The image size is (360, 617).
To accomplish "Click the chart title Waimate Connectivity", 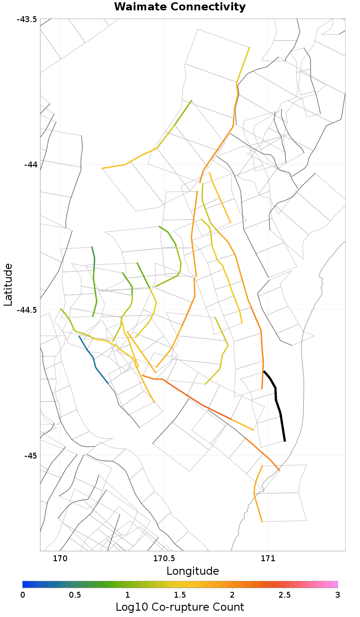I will (180, 7).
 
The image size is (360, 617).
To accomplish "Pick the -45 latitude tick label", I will (29, 455).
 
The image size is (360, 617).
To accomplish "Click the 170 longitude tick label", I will (60, 559).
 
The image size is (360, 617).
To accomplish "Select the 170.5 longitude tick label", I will (164, 559).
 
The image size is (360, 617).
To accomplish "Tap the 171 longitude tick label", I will (268, 559).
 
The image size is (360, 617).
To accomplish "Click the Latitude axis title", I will (8, 285).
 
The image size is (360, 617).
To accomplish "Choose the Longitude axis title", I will (193, 571).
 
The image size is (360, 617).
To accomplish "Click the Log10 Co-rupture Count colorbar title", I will (180, 607).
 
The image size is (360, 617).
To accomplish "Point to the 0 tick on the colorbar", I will (23, 594).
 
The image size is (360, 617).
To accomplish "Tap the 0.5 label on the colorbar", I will (75, 594).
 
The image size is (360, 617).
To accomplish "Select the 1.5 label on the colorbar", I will (180, 594).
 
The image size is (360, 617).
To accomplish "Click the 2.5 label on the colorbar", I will (285, 594).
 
